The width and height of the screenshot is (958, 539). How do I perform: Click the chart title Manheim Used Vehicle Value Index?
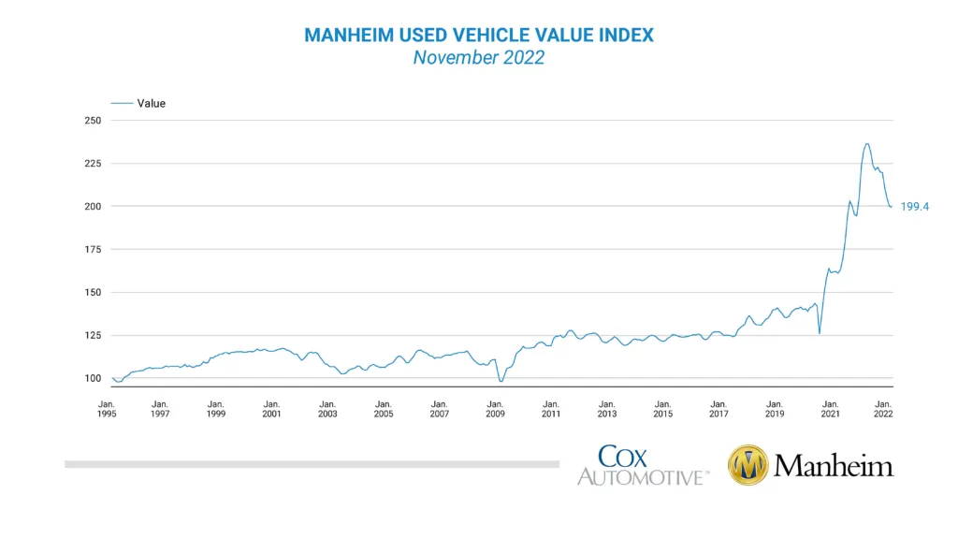[x=479, y=35]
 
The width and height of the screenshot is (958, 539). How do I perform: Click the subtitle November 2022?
[x=479, y=58]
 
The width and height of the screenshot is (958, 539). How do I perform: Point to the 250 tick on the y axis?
[x=93, y=121]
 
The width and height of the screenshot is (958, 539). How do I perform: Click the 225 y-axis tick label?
[x=93, y=164]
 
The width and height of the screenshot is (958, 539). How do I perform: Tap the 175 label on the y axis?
[x=93, y=249]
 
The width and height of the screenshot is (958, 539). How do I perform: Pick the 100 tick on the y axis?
[x=93, y=378]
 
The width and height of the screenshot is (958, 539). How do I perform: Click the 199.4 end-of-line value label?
[x=915, y=207]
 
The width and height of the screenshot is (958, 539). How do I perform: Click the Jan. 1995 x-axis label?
[x=107, y=408]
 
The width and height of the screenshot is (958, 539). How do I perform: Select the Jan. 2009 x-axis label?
[x=495, y=408]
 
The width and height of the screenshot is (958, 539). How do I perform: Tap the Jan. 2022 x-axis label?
[x=883, y=408]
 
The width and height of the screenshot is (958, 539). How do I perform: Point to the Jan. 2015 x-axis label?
[x=662, y=408]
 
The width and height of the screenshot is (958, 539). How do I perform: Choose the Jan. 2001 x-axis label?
[x=271, y=408]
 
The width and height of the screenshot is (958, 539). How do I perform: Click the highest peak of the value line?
[x=867, y=143]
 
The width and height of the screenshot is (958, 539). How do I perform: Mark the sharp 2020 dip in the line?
[x=820, y=332]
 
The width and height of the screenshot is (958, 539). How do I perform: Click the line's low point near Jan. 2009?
[x=501, y=381]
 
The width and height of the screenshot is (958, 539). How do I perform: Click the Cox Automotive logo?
[x=642, y=465]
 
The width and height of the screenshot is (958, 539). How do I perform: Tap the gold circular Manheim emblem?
[x=748, y=465]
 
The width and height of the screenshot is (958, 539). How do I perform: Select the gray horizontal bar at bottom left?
[x=311, y=463]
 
